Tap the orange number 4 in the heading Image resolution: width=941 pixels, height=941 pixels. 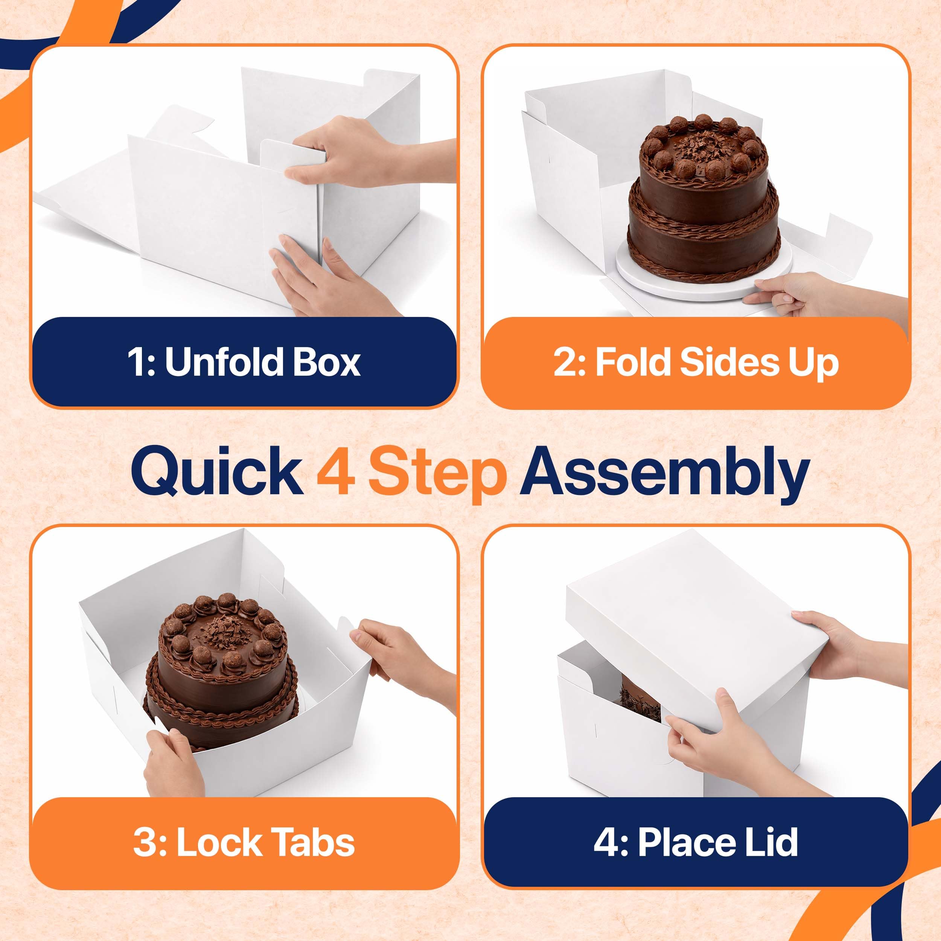[x=336, y=470]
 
